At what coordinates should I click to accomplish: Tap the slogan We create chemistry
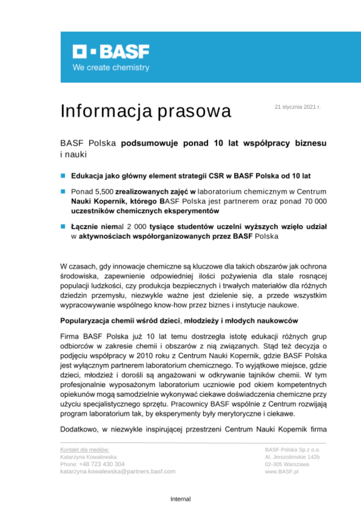pos(111,67)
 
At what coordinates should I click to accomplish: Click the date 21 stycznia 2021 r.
pos(297,107)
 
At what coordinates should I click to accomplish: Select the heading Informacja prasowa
pos(146,111)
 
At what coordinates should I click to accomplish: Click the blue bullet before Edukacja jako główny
pos(63,176)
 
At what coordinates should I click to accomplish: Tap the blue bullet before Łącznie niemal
pos(63,226)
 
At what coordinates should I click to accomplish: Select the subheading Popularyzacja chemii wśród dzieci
pos(179,321)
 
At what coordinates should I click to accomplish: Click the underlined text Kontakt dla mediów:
pos(85,450)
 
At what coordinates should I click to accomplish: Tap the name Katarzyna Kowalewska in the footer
pos(88,457)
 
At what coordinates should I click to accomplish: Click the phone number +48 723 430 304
pos(102,464)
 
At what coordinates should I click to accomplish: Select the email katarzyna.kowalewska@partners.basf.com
pos(118,471)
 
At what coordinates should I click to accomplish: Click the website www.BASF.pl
pos(282,471)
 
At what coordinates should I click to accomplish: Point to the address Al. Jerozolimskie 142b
pos(292,457)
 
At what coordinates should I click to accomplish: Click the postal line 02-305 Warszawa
pos(287,464)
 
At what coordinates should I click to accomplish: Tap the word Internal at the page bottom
pos(180,499)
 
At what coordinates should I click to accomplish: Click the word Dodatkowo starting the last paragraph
pos(79,429)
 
